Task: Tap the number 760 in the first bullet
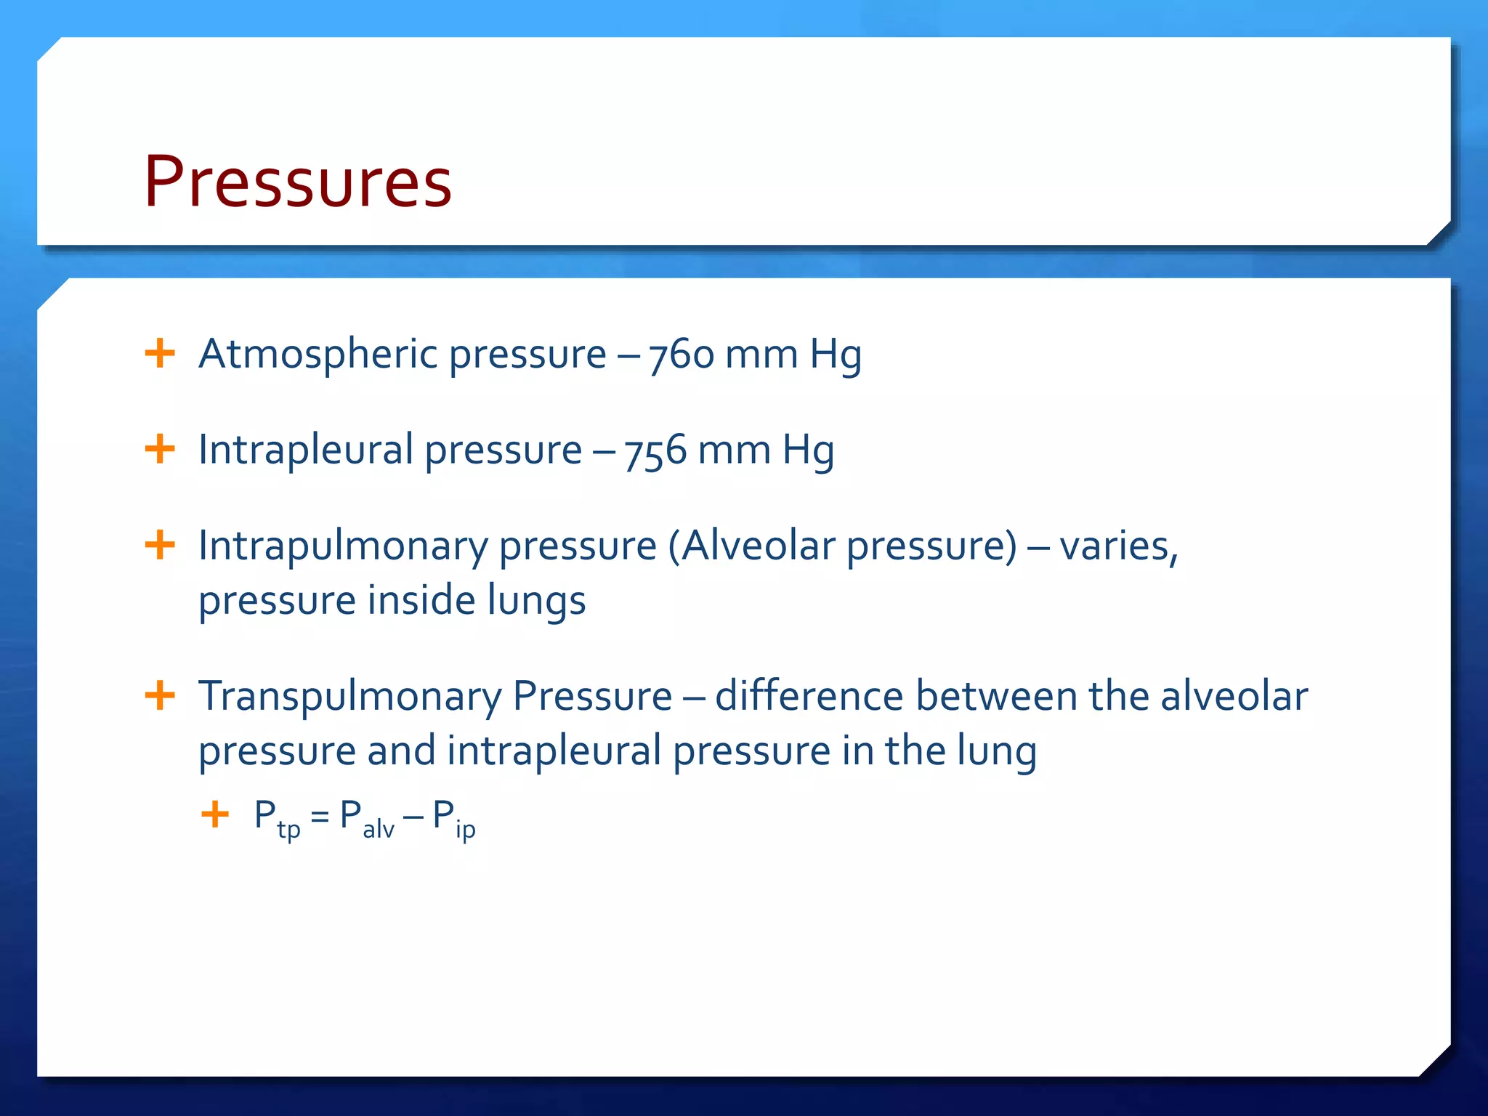(682, 355)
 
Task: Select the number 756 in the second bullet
(655, 450)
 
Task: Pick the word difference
(809, 696)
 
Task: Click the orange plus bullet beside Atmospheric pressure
(160, 354)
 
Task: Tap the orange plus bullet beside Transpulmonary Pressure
(160, 695)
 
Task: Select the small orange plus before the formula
(215, 814)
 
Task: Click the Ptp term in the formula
(277, 818)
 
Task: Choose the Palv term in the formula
(366, 818)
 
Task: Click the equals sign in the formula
(320, 817)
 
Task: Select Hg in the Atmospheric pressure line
(836, 355)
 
